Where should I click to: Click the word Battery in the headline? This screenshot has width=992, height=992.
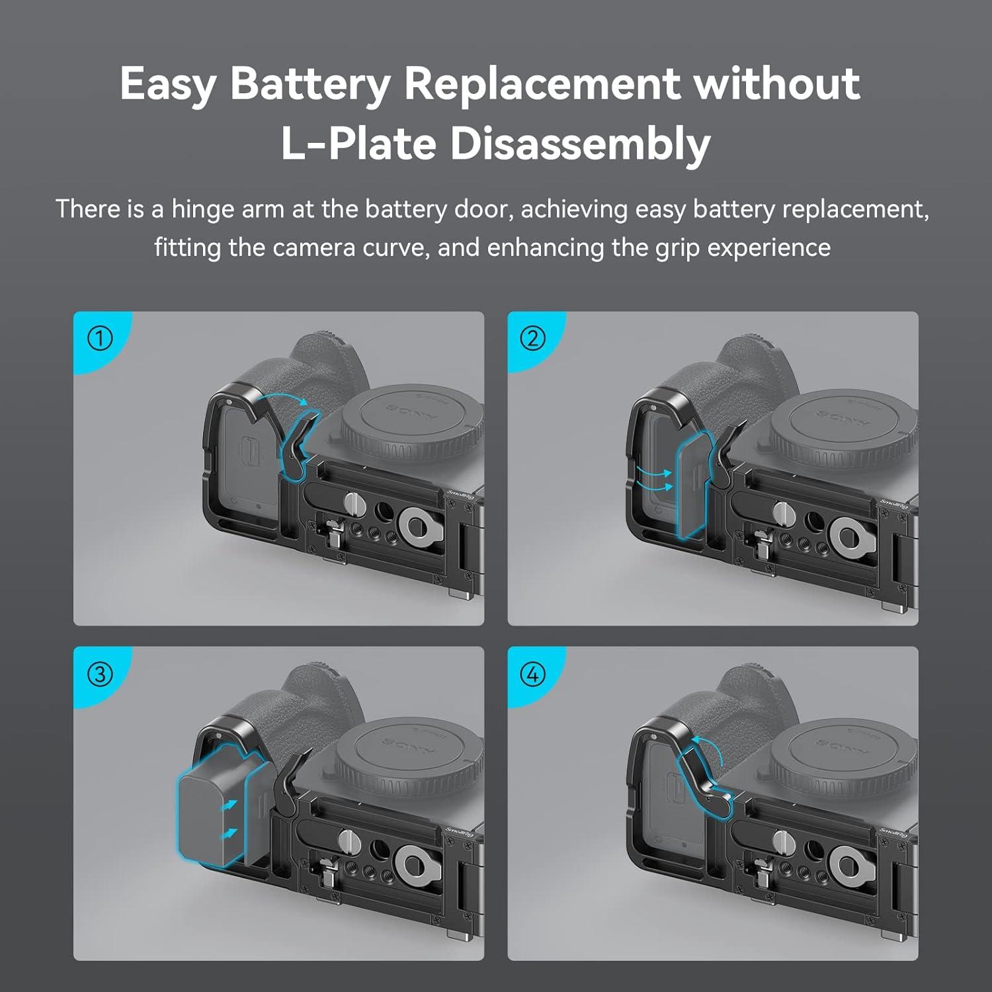click(x=310, y=85)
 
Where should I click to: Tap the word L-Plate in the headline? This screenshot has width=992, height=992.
click(x=358, y=144)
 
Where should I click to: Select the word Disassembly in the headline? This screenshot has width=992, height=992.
click(x=580, y=144)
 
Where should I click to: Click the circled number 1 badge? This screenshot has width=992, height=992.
click(x=100, y=339)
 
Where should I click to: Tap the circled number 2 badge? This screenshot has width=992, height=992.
click(x=533, y=339)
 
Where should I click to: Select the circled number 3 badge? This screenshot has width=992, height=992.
click(x=100, y=674)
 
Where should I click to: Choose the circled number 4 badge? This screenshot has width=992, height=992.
click(x=533, y=674)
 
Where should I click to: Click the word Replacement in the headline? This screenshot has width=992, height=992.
click(x=541, y=85)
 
